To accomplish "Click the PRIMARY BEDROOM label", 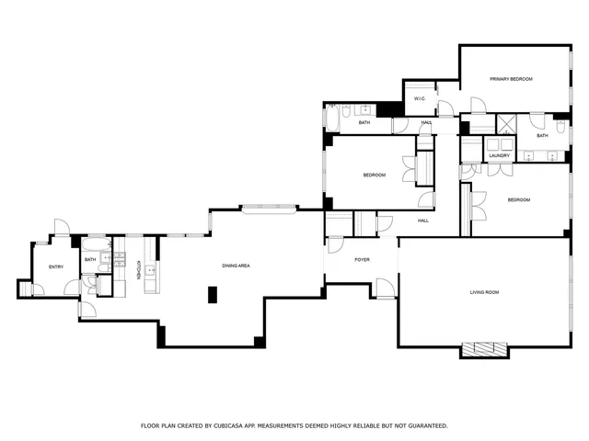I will tap(511, 79).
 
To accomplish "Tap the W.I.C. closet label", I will tap(419, 98).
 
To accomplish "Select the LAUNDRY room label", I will tap(500, 156).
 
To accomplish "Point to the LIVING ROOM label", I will tap(484, 292).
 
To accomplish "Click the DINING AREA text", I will tap(237, 266).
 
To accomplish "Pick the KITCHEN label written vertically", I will tap(139, 269).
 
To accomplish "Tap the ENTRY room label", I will tap(56, 266).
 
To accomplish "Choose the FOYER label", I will tap(362, 260).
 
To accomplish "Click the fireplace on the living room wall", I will tap(484, 350).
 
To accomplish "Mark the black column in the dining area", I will tap(213, 295).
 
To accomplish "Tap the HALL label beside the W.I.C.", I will tap(426, 122).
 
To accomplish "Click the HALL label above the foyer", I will tap(423, 220).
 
